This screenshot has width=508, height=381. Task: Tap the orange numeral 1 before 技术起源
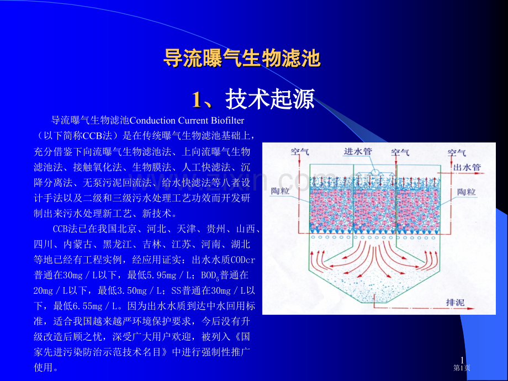click(197, 100)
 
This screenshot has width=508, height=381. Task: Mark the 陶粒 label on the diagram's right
click(467, 192)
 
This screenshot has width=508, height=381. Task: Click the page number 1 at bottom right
click(462, 360)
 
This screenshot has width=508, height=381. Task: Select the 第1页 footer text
click(462, 368)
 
